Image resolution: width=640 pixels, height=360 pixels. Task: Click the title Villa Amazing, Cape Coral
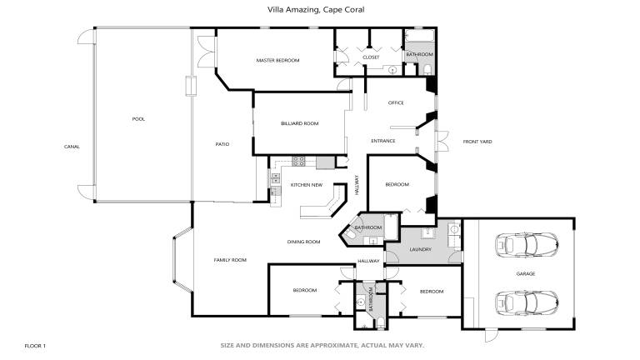point(316,9)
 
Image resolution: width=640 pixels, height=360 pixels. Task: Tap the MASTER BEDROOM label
point(278,60)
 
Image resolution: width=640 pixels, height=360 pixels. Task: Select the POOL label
point(138,119)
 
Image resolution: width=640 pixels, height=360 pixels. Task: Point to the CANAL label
point(72,147)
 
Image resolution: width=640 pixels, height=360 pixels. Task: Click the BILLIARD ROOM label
point(300,123)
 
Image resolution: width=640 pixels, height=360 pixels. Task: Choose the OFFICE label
point(396,102)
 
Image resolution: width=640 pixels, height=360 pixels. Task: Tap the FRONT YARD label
point(477,142)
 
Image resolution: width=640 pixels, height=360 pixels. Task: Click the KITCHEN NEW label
point(307,185)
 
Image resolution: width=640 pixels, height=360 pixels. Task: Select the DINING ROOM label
point(303,242)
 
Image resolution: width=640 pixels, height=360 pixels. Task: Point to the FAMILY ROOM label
point(230,260)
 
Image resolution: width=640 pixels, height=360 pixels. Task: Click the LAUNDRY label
point(420,249)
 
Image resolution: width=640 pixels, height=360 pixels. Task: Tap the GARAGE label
point(526,274)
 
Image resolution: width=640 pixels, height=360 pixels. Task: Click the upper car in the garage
point(527,245)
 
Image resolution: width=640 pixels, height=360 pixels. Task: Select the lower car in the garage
point(527,302)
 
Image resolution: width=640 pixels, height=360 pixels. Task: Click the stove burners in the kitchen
point(298,161)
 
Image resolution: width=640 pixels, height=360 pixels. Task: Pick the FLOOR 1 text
point(35,346)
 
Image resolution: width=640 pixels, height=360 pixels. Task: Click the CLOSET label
point(371,57)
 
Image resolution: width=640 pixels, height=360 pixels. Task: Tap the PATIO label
point(222,144)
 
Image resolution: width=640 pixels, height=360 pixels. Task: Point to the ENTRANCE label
point(383,141)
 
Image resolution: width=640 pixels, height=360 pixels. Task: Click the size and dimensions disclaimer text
point(322,345)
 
